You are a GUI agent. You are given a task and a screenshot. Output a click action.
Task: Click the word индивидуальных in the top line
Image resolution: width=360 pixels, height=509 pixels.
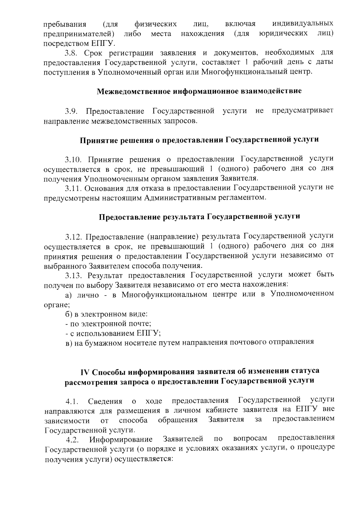[303, 24]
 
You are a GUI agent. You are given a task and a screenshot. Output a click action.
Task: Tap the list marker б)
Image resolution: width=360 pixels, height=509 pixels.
[69, 314]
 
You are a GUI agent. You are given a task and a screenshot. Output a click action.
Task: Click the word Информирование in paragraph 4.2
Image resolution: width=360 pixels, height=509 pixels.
[121, 439]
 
